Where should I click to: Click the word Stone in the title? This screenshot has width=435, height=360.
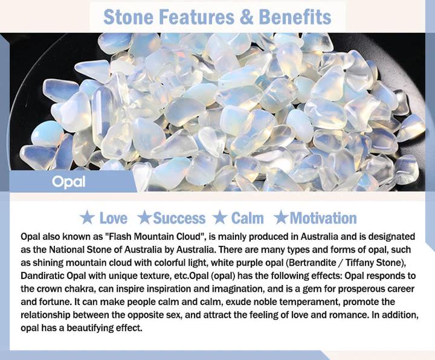128,17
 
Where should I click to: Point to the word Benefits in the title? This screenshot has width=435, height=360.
295,17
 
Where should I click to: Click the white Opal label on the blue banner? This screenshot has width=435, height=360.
68,182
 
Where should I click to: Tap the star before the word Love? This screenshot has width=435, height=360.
87,217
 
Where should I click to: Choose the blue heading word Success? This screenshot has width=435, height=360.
179,218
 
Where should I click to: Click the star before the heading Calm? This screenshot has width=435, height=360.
221,217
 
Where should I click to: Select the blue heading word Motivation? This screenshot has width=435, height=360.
323,218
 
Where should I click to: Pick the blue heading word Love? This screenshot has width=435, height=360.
113,218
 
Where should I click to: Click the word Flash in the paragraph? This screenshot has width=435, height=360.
119,237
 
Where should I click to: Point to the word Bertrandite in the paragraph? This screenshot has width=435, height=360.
312,262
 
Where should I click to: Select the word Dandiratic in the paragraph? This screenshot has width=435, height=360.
43,275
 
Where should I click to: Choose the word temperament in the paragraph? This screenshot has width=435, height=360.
309,302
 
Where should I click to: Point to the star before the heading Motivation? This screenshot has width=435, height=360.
281,217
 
